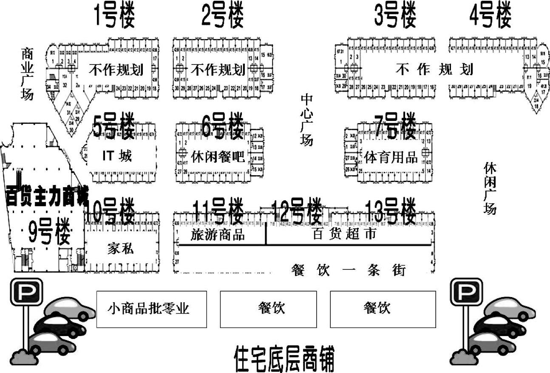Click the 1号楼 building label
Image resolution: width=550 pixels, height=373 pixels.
114,16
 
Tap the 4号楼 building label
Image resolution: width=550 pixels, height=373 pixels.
490,16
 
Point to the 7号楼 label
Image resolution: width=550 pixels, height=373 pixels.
394,126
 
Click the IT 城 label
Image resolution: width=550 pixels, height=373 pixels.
117,156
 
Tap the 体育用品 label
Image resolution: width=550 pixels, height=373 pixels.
391,157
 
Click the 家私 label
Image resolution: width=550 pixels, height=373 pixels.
120,249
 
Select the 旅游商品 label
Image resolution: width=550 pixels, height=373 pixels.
218,235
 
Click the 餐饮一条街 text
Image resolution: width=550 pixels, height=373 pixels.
349,270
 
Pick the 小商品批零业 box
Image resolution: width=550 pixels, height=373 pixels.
151,308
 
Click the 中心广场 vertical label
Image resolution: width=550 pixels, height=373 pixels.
307,120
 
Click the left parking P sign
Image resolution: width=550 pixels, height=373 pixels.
26,292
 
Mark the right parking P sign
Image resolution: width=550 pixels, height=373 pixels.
466,292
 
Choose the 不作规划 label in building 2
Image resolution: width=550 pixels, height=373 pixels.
218,70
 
